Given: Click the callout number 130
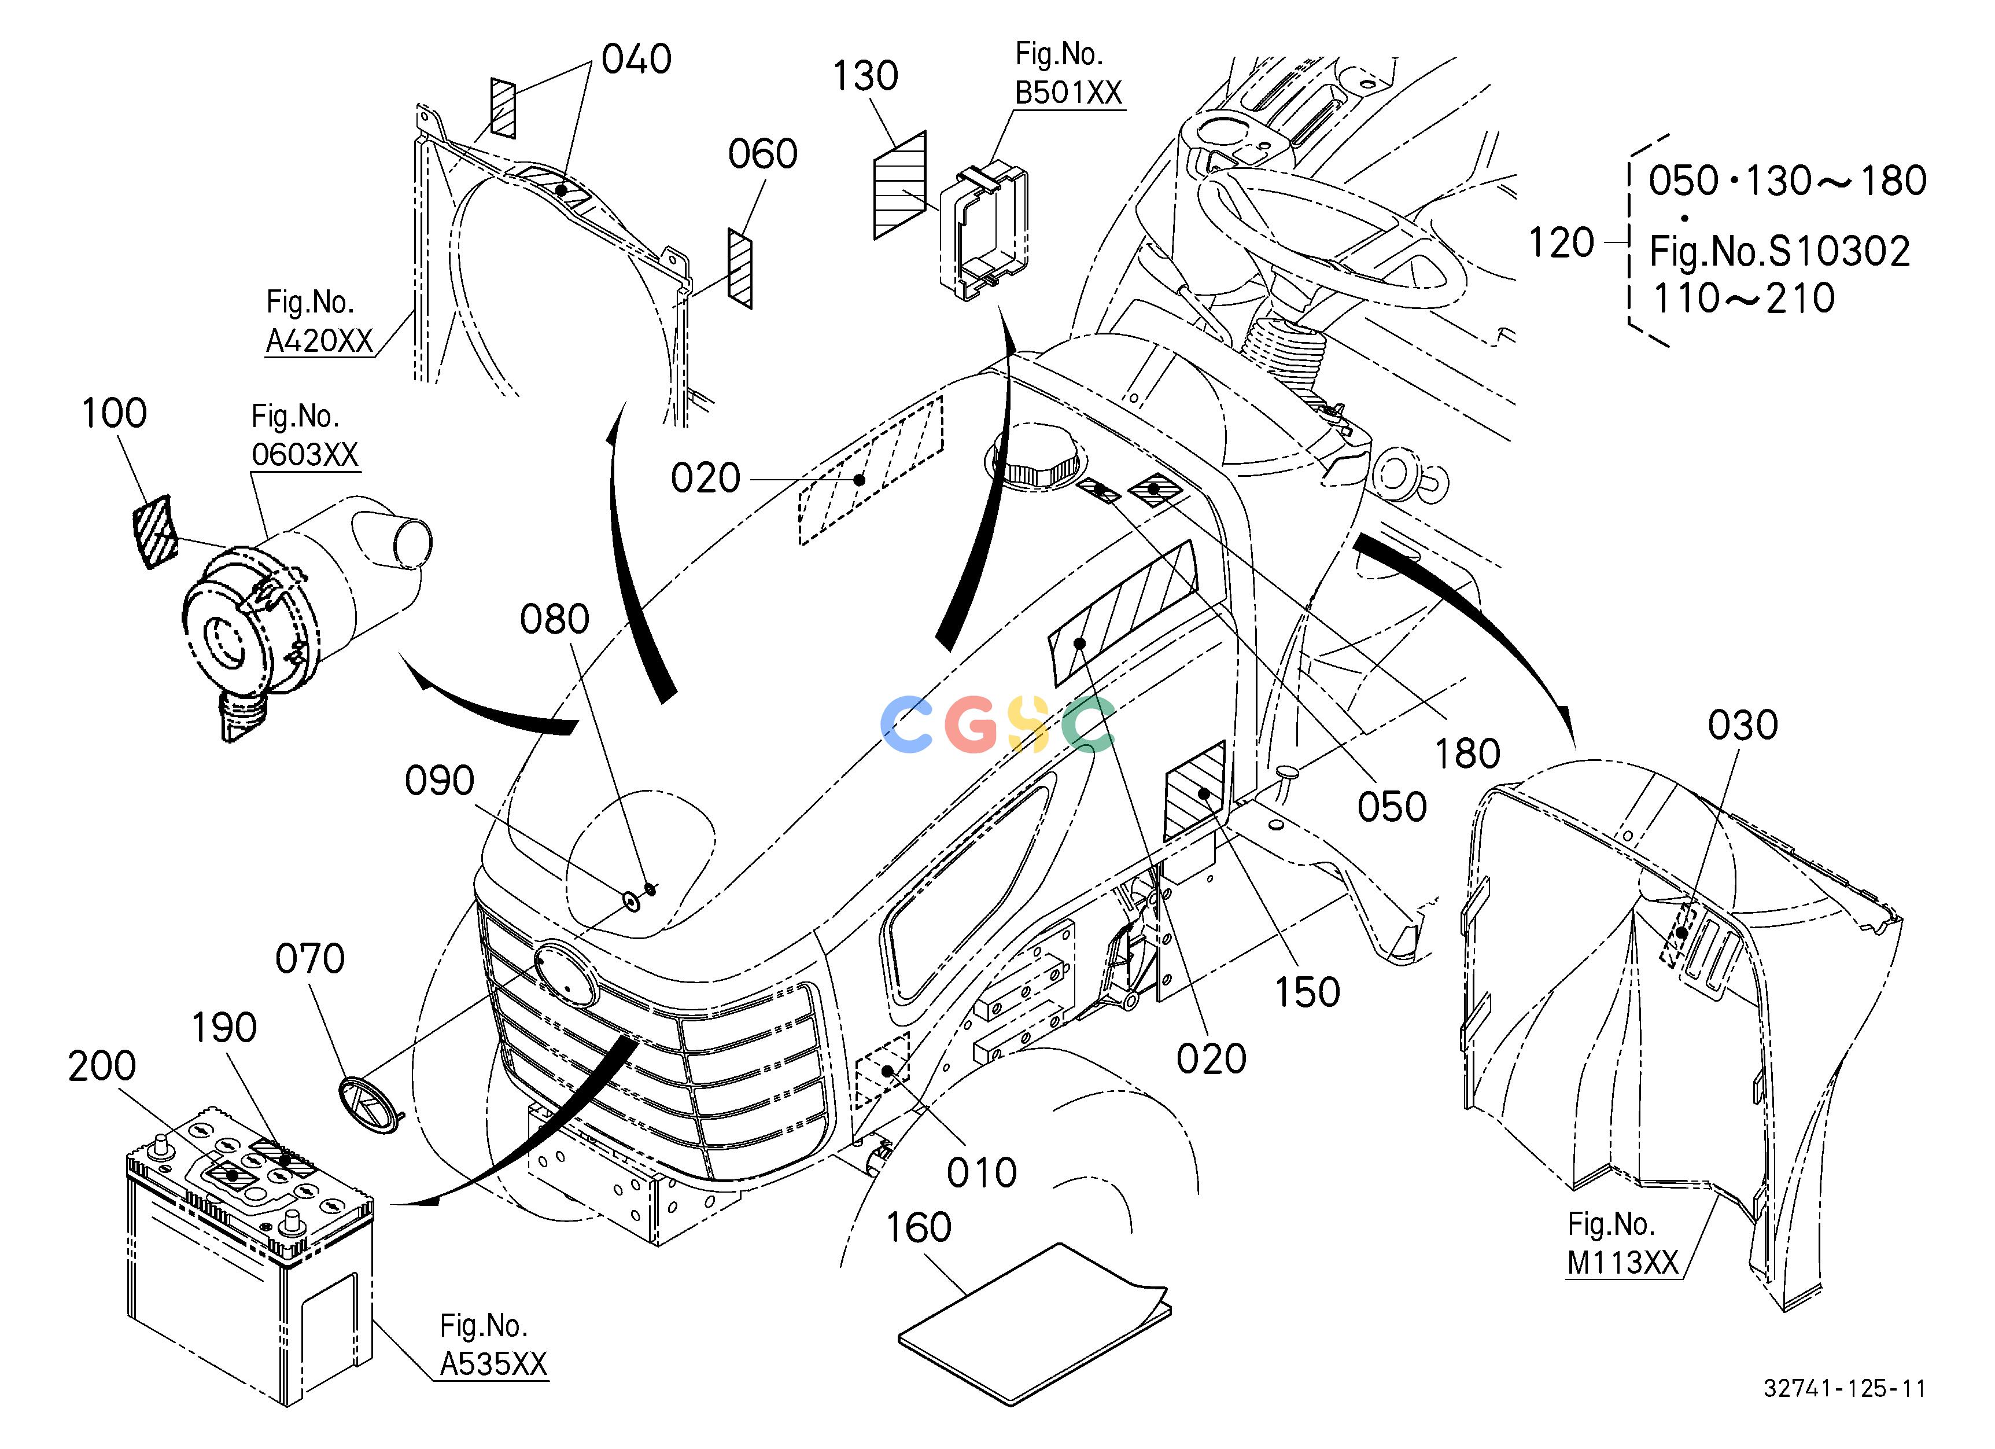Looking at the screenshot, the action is [x=865, y=76].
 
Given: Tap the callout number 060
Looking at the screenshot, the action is [x=762, y=155].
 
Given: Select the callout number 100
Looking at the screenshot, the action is [x=115, y=414].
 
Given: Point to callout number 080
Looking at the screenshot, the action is [x=554, y=620].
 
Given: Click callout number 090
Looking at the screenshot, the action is [x=439, y=781].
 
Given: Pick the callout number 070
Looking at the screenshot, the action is [x=309, y=959].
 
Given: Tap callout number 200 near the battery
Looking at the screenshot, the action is [x=102, y=1066].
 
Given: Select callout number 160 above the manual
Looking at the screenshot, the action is [x=919, y=1228].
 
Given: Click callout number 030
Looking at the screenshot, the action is [x=1743, y=726].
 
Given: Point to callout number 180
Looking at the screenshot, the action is [x=1467, y=755].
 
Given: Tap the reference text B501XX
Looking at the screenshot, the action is [x=1069, y=93].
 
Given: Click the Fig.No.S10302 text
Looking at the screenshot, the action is [x=1779, y=252].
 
